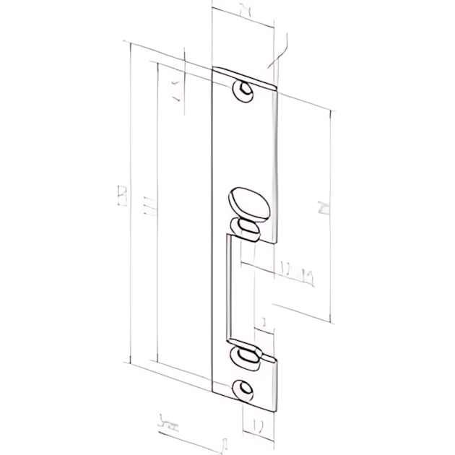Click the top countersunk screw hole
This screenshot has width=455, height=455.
[x=246, y=93]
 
